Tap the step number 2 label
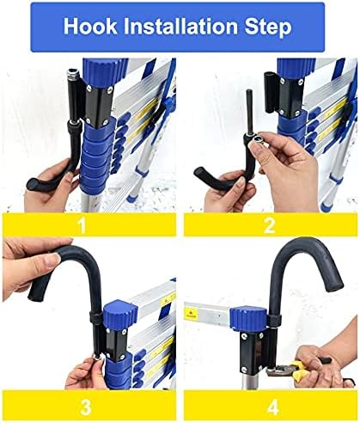(x=269, y=225)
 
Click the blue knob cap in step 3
(x=120, y=312)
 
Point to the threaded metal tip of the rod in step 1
(x=71, y=75)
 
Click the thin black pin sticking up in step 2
(x=250, y=112)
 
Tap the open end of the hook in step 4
(x=334, y=285)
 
